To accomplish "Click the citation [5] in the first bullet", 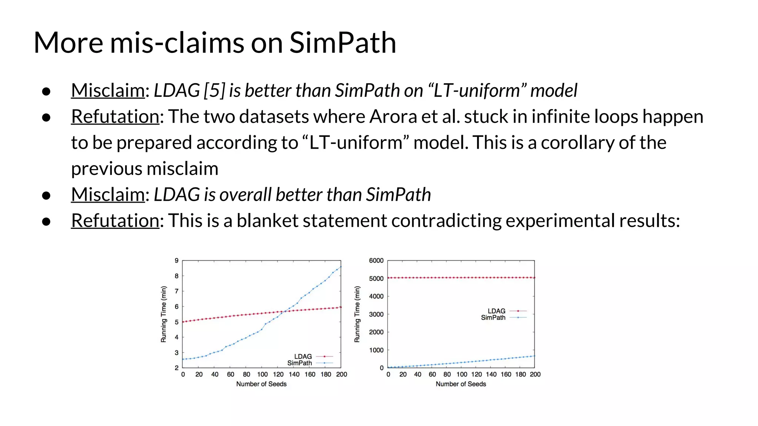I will (x=214, y=91).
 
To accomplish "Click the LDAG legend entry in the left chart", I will (x=303, y=356).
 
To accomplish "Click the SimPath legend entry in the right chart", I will (x=493, y=318).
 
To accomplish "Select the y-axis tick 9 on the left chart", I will (x=177, y=261).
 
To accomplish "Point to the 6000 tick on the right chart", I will (x=376, y=261).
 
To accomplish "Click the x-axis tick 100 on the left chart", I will (x=262, y=375).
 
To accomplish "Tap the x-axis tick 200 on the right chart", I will (x=535, y=375).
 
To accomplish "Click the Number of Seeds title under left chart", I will (x=261, y=384).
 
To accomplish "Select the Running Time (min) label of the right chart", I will (x=357, y=314).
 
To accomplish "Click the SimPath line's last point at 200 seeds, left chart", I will (x=341, y=267).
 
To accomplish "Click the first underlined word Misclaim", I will (x=108, y=91).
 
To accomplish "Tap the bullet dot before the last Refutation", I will (x=46, y=222).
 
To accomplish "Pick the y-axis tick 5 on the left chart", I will (x=177, y=322).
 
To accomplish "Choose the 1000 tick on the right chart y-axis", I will (x=376, y=350).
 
